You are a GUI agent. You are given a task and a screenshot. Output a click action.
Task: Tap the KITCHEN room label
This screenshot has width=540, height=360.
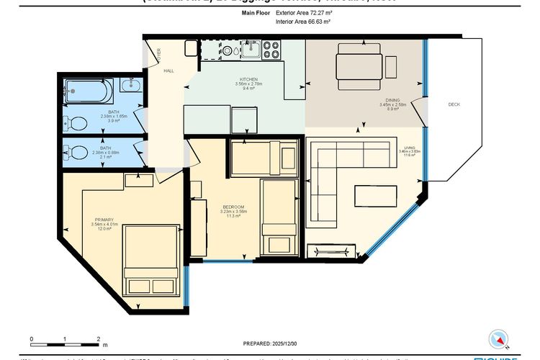[248, 79]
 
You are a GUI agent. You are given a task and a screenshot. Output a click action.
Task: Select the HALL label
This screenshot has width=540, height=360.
[168, 71]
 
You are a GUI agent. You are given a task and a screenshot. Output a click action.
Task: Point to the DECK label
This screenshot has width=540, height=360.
[454, 104]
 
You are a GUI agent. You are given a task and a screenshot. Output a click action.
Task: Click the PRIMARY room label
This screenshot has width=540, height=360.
[104, 220]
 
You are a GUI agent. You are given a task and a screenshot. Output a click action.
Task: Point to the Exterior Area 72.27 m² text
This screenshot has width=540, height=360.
[303, 12]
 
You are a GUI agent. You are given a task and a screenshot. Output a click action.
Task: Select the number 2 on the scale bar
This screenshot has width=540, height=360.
[97, 338]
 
